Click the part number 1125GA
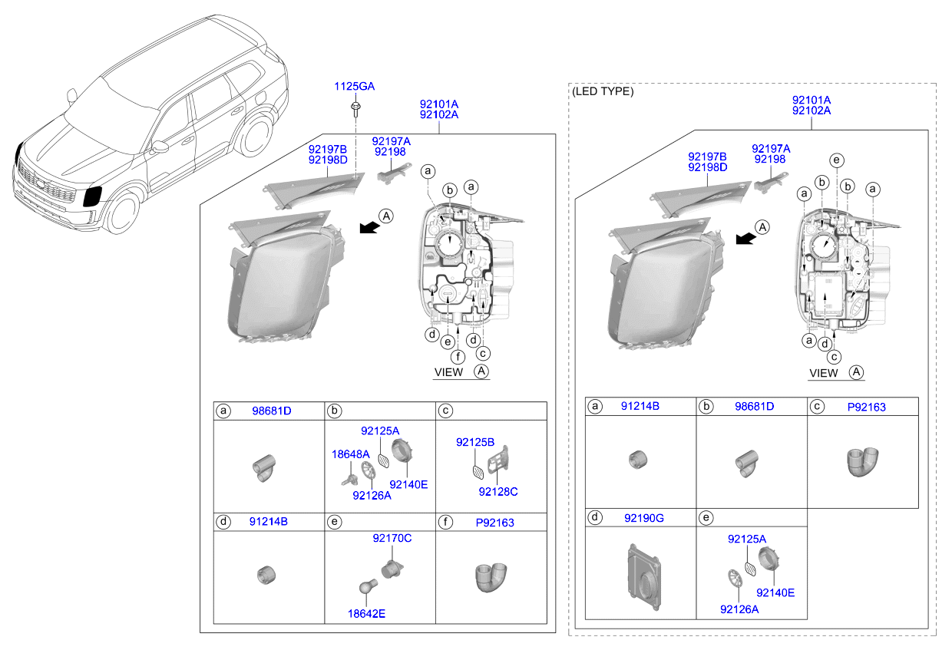354,86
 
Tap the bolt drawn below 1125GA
355,109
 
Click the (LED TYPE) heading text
603,91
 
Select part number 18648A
350,454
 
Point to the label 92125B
475,442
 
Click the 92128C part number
498,492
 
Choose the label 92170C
392,538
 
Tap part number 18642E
366,613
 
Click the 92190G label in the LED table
644,518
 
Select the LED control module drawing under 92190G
644,577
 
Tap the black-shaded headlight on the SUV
92,196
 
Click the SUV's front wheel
124,213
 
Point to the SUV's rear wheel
256,136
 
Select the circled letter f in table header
445,522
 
